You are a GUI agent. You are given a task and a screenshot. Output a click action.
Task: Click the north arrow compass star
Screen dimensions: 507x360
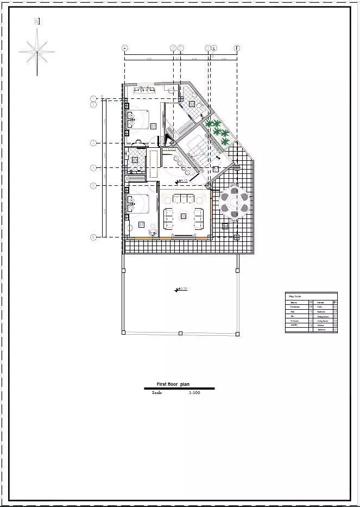click(37, 51)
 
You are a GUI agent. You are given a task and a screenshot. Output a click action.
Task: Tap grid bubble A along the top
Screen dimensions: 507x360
click(125, 48)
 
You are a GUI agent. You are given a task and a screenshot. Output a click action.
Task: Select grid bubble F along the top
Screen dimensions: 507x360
click(237, 48)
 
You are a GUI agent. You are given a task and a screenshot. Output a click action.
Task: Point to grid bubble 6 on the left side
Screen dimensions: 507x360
click(93, 237)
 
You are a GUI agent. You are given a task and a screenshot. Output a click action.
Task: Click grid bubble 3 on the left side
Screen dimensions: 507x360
click(93, 143)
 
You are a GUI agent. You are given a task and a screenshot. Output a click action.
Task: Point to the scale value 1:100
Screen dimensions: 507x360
click(194, 392)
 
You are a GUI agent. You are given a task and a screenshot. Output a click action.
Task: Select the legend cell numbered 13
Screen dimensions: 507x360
click(311, 325)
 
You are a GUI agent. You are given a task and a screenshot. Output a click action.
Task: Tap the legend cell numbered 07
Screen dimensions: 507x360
click(335, 330)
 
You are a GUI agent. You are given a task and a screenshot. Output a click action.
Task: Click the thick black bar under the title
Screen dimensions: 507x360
click(179, 389)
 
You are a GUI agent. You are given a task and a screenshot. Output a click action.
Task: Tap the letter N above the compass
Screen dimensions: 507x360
click(37, 22)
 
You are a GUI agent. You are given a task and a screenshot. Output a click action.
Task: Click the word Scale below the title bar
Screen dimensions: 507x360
click(157, 392)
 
